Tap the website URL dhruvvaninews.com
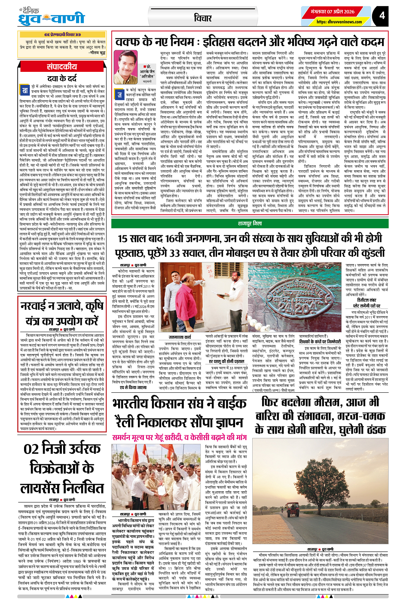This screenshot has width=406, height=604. click(339, 22)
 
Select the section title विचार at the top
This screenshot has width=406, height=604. click(203, 18)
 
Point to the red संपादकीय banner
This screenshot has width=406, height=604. click(62, 67)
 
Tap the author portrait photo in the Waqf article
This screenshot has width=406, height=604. click(125, 73)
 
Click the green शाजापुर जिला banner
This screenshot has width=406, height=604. click(250, 224)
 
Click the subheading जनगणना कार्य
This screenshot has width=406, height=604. click(180, 337)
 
